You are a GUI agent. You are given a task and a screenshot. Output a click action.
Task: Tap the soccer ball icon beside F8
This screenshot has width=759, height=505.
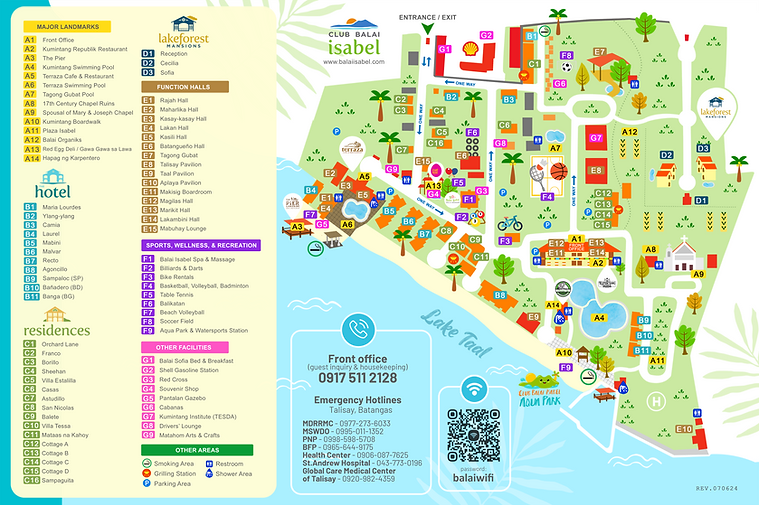click(567, 68)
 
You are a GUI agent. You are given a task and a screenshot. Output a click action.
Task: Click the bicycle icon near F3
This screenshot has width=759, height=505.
click(510, 223)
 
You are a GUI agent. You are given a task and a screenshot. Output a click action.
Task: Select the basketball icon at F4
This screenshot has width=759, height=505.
click(558, 171)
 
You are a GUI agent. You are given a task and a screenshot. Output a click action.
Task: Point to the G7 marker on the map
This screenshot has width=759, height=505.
click(595, 137)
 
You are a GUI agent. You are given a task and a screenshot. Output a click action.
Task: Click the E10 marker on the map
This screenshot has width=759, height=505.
click(684, 429)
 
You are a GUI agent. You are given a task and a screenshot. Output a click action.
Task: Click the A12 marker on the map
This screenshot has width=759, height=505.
click(630, 131)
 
